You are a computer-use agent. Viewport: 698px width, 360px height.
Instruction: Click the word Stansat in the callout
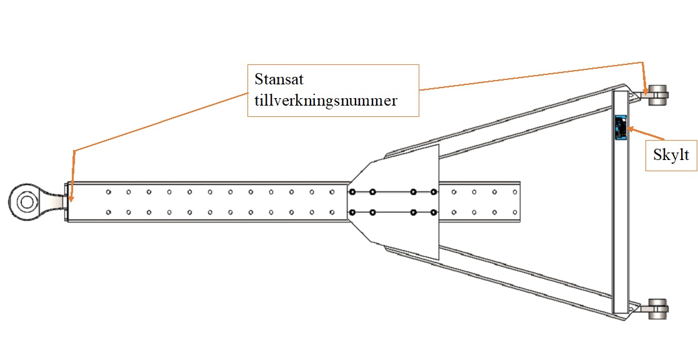pyautogui.click(x=278, y=80)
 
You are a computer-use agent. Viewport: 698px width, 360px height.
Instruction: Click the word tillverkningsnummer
pyautogui.click(x=326, y=100)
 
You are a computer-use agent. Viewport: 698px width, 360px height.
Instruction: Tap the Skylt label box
pyautogui.click(x=671, y=154)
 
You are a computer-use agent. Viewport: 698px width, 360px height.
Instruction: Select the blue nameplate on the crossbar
pyautogui.click(x=621, y=127)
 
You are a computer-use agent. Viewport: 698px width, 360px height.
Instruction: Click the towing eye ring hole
pyautogui.click(x=26, y=202)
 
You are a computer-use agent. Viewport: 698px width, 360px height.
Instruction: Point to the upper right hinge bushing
pyautogui.click(x=657, y=96)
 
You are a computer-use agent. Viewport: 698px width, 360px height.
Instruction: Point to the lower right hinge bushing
pyautogui.click(x=657, y=309)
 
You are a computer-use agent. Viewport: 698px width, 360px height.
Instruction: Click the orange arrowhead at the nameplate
pyautogui.click(x=631, y=129)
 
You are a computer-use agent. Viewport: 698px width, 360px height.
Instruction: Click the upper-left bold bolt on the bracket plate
pyautogui.click(x=352, y=192)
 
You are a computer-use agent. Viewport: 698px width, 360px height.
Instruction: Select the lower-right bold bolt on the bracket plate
pyautogui.click(x=434, y=212)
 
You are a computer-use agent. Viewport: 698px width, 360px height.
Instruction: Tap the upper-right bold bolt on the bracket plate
pyautogui.click(x=434, y=192)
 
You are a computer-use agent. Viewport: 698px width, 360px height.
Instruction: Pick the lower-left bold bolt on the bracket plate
pyautogui.click(x=352, y=212)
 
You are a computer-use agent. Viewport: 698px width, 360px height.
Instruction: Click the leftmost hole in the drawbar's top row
pyautogui.click(x=108, y=192)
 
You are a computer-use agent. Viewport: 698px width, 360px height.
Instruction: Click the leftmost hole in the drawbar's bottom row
pyautogui.click(x=108, y=212)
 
